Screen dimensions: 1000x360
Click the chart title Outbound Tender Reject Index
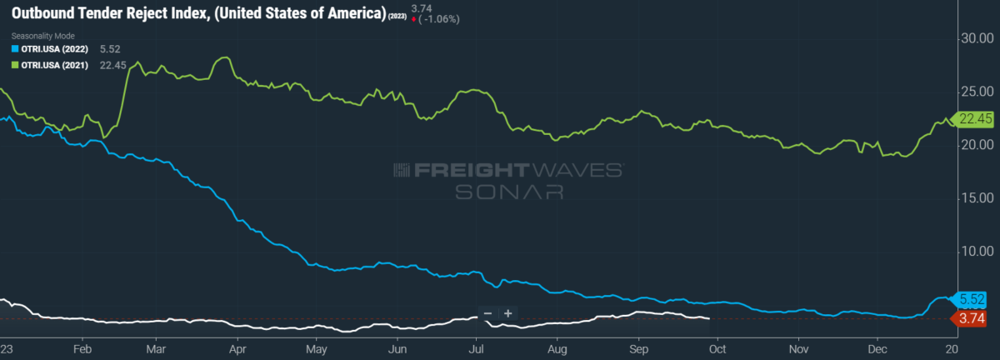pos(110,13)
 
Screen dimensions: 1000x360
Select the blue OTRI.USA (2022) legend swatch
pos(15,48)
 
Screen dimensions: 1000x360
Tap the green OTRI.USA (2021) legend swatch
pos(15,65)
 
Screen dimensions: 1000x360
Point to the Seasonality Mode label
pos(42,36)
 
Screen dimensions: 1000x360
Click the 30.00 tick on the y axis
pos(977,38)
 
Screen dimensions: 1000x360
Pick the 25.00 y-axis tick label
pos(977,92)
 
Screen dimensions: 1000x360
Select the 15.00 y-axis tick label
pos(977,197)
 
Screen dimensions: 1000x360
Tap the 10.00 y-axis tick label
pos(977,251)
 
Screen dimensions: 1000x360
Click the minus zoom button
pos(488,313)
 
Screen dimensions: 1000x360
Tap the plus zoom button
pos(508,313)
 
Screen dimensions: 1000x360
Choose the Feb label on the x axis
pos(82,349)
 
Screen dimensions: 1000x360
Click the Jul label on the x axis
pos(476,349)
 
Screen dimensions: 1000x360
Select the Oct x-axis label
pos(717,349)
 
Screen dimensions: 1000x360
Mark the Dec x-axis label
pos(877,349)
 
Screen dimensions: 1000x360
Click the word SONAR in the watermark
pos(509,192)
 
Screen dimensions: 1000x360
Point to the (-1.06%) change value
pos(439,19)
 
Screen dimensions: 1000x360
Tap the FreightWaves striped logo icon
pos(402,170)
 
